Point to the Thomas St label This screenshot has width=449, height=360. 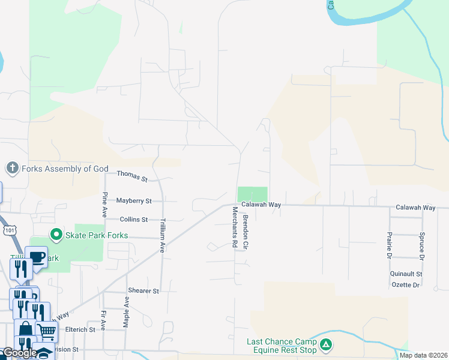(132, 176)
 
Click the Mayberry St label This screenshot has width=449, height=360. (134, 200)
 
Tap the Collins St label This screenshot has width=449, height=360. (133, 220)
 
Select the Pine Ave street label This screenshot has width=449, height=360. (104, 205)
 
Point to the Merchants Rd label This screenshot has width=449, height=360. (235, 227)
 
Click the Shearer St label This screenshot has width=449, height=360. (143, 291)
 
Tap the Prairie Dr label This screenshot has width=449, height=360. (390, 245)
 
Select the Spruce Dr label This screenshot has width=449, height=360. (423, 245)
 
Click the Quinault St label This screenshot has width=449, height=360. (406, 274)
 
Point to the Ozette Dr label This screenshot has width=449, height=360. (405, 285)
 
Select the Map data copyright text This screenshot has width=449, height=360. (423, 355)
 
